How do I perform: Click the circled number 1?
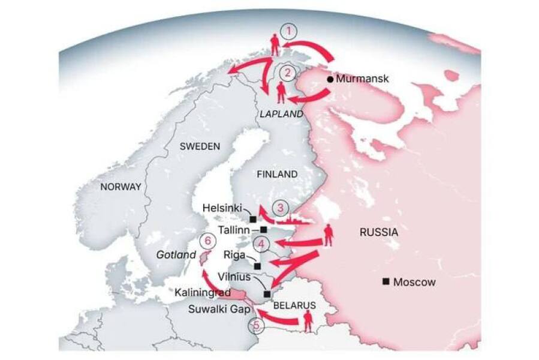[290, 31]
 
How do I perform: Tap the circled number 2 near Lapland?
[289, 73]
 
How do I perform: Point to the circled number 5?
[257, 326]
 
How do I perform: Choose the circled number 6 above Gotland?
[207, 241]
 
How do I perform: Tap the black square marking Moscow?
[387, 281]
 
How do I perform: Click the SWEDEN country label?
[200, 146]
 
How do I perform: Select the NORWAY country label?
[121, 187]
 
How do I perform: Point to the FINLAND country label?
[276, 174]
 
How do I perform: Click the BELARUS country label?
[294, 305]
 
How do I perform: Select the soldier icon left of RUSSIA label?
[329, 236]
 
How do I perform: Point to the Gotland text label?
[176, 255]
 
